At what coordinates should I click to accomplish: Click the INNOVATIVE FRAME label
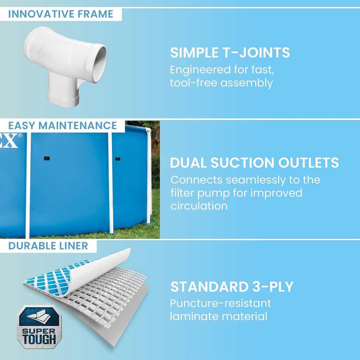click(61, 14)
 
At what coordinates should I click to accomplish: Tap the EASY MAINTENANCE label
click(63, 126)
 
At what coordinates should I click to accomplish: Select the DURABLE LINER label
click(48, 246)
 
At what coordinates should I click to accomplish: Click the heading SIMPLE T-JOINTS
click(230, 52)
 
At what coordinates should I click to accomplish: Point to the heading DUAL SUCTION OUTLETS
click(254, 162)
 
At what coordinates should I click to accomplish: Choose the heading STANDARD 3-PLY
click(232, 286)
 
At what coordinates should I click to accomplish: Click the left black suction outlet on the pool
click(47, 158)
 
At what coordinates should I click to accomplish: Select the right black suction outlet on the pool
click(118, 159)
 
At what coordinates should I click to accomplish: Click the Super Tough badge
click(39, 327)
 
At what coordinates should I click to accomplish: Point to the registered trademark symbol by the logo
click(20, 135)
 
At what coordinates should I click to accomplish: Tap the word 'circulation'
click(199, 206)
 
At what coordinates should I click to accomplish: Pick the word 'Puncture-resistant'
click(220, 303)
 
